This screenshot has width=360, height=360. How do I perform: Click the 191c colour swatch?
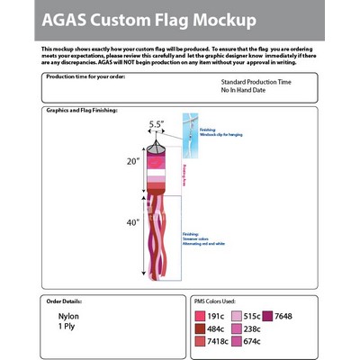click(x=199, y=316)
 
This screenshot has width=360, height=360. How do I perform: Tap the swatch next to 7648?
click(x=267, y=316)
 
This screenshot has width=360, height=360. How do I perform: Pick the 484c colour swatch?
click(x=199, y=328)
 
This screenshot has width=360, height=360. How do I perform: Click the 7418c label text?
click(x=217, y=341)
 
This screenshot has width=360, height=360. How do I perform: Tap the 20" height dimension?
click(x=133, y=162)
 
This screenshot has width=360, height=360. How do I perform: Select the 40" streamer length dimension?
click(x=133, y=222)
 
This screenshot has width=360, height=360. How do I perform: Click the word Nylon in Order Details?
click(x=69, y=318)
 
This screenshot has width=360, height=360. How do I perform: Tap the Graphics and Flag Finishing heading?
click(x=84, y=110)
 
